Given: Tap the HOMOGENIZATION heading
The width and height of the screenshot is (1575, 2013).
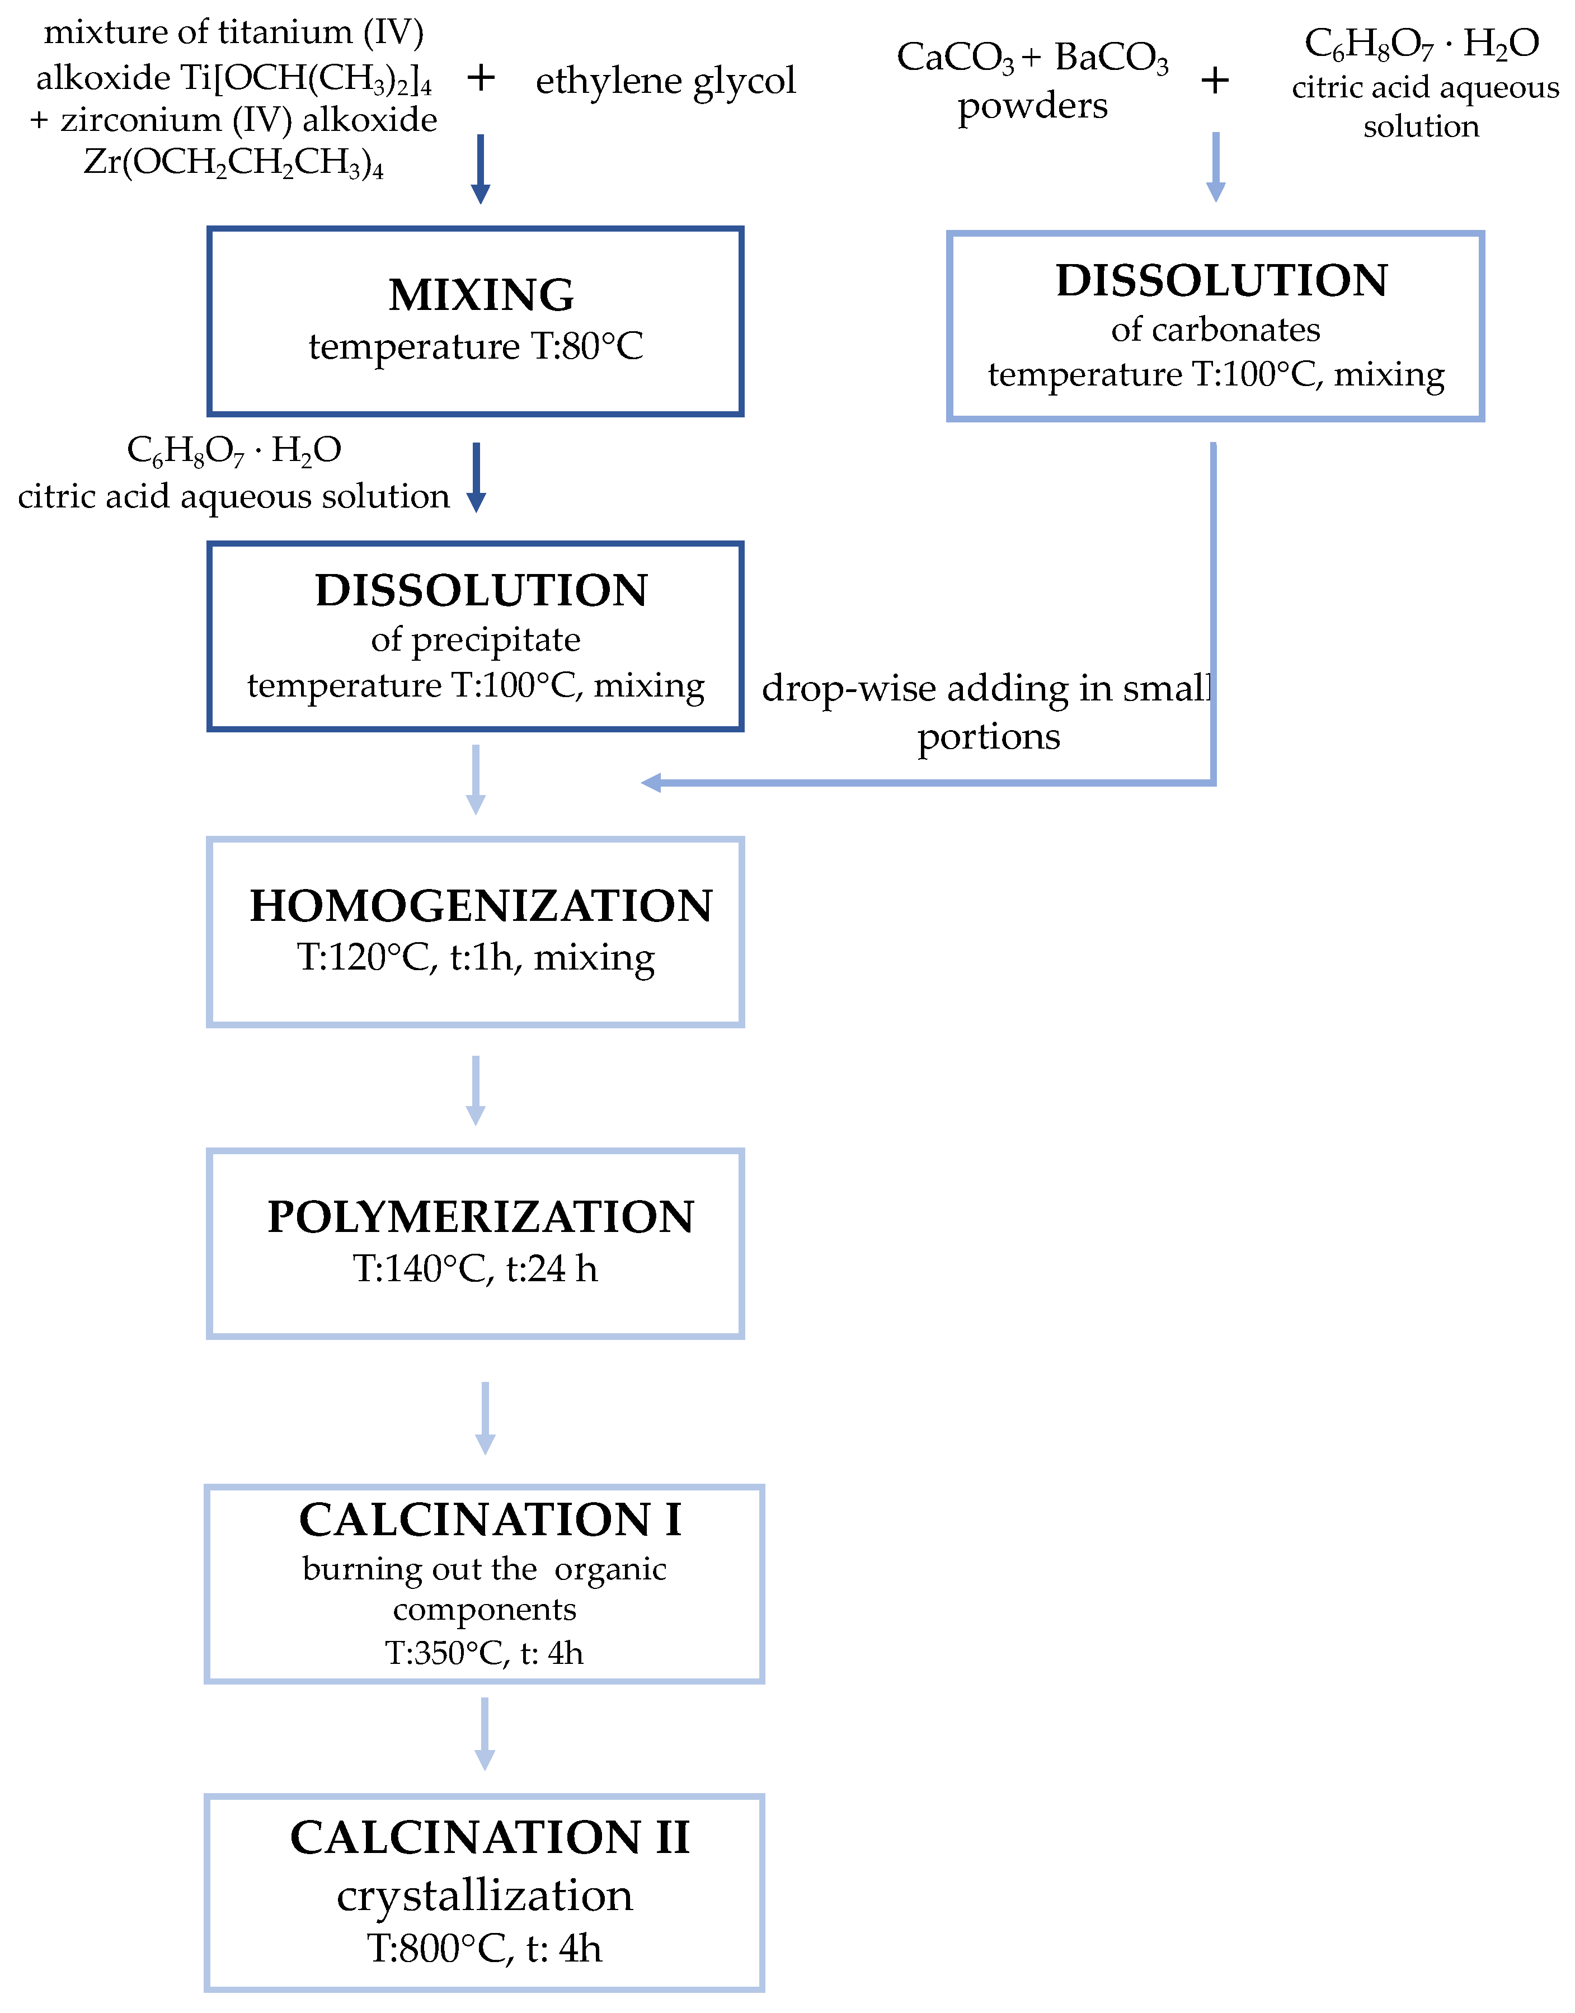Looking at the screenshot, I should [x=481, y=906].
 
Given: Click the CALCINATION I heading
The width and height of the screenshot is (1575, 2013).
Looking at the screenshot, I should [x=490, y=1520].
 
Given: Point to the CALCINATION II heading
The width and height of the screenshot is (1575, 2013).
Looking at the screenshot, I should [x=490, y=1837].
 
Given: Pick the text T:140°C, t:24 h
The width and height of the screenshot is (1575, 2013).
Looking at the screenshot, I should [x=475, y=1269].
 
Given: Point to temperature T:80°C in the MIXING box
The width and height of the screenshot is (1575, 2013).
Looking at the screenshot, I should [x=475, y=347].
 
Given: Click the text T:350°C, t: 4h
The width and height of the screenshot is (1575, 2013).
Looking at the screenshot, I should [x=484, y=1653].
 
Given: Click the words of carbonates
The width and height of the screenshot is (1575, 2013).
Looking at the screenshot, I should [x=1215, y=329].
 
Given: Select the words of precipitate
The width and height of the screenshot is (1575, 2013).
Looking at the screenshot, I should [x=475, y=639].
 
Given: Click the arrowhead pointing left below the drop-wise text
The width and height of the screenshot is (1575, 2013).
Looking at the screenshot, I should [x=651, y=783].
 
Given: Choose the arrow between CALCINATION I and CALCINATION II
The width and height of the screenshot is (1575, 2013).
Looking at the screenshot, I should [x=484, y=1734].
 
